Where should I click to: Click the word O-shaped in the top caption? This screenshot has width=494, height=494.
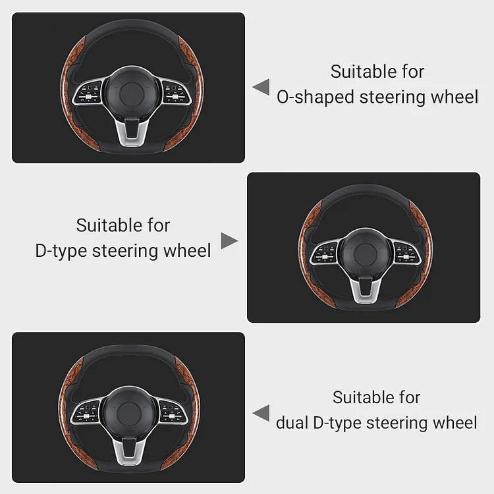[x=316, y=97]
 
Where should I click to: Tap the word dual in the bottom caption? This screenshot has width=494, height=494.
[x=292, y=423]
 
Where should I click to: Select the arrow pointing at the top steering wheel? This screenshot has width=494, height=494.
[x=261, y=87]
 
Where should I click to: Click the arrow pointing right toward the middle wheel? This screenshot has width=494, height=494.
[x=229, y=241]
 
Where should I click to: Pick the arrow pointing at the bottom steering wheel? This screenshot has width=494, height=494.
[x=261, y=413]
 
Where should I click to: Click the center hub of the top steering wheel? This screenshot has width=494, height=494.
[x=132, y=94]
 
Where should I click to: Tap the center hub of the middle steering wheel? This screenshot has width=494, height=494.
[x=366, y=254]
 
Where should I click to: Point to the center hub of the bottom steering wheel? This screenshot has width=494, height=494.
[x=129, y=414]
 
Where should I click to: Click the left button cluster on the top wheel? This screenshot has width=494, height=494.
[x=88, y=92]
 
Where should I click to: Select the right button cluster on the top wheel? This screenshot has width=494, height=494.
[x=176, y=92]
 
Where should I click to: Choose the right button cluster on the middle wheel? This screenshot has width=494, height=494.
[x=407, y=253]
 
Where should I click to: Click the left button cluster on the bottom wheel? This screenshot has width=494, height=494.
[x=85, y=412]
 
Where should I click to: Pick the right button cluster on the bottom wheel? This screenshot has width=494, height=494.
[x=173, y=412]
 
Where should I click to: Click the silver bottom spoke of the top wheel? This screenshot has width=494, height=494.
[x=132, y=133]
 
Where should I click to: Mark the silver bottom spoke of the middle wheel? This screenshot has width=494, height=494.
[x=366, y=290]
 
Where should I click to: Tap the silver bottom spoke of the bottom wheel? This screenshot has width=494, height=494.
[x=129, y=452]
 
